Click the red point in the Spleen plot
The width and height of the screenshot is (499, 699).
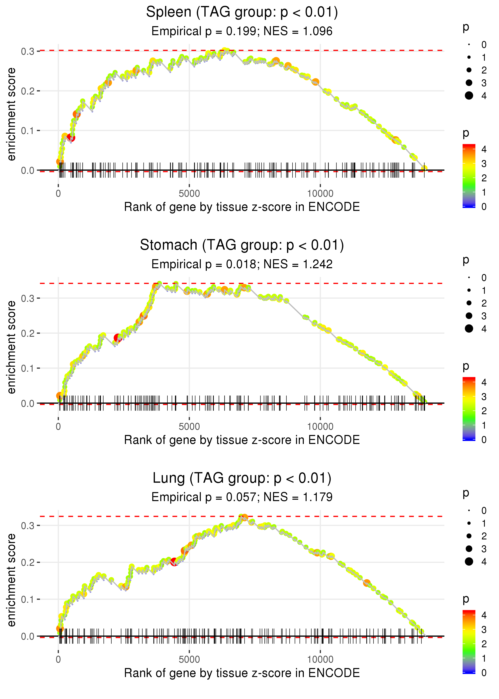pyautogui.click(x=71, y=137)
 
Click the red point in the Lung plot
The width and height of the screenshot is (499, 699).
pyautogui.click(x=174, y=562)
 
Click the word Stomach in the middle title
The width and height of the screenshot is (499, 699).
pyautogui.click(x=168, y=245)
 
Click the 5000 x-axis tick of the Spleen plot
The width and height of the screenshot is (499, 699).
pyautogui.click(x=189, y=194)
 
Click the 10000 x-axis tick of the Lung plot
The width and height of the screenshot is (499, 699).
pyautogui.click(x=320, y=659)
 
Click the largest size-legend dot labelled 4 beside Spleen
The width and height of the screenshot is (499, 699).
pyautogui.click(x=469, y=96)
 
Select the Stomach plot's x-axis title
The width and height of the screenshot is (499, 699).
pyautogui.click(x=242, y=440)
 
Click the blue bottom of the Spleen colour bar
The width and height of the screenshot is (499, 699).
pyautogui.click(x=469, y=206)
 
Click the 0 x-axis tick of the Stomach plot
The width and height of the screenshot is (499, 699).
pyautogui.click(x=58, y=427)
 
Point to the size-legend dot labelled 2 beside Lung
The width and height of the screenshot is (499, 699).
pyautogui.click(x=469, y=536)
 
